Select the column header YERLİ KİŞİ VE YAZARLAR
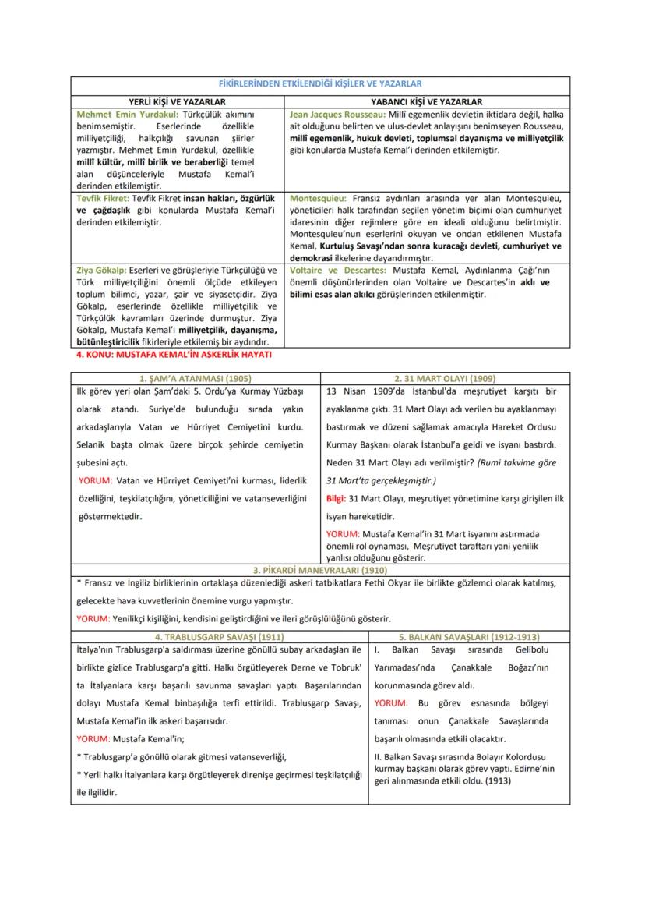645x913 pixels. [x=177, y=101]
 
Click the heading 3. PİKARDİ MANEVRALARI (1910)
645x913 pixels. [x=322, y=570]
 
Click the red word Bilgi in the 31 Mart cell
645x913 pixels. [x=336, y=498]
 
